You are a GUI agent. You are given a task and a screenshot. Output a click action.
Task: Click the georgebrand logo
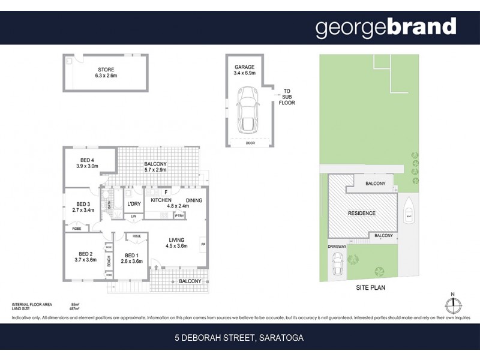[x=385, y=27]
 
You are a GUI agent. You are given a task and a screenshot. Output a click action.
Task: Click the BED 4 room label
[x=88, y=160]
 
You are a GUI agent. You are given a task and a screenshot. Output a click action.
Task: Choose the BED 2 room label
[x=86, y=253]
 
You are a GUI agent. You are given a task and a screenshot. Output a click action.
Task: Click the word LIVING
[x=176, y=239]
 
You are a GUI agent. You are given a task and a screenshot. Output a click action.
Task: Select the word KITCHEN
[x=161, y=200]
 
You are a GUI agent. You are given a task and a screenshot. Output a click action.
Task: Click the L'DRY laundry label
[x=134, y=205]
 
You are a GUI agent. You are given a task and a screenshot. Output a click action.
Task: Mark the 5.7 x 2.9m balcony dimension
[x=155, y=170]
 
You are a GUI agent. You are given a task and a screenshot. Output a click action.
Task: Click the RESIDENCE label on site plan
[x=362, y=213]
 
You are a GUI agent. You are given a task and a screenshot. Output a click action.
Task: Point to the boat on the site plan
[x=409, y=210]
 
